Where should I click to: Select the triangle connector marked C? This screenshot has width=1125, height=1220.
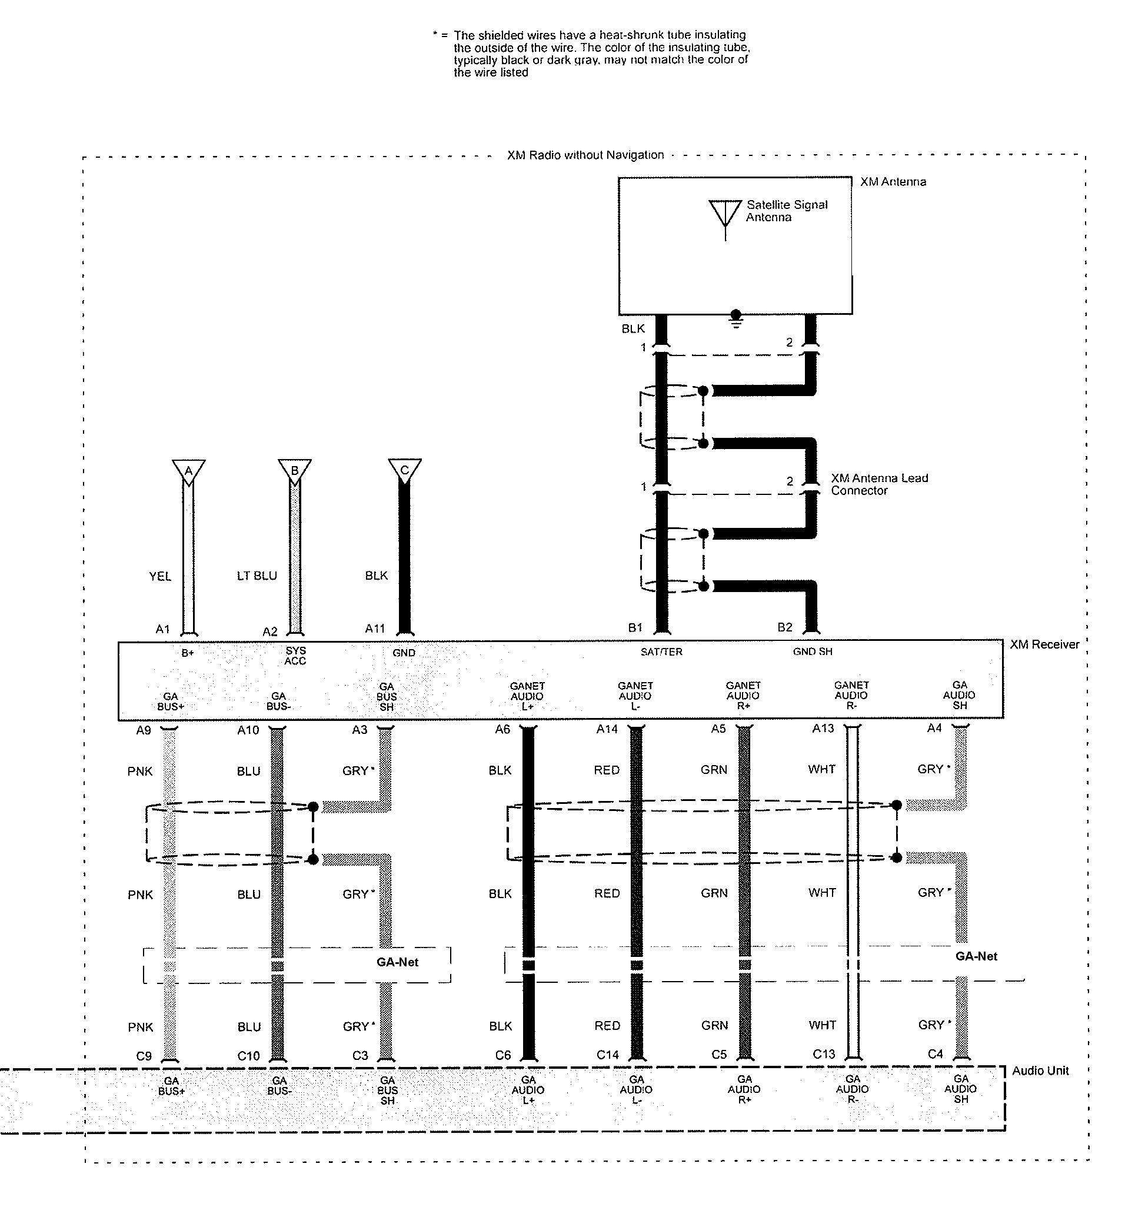[x=405, y=471]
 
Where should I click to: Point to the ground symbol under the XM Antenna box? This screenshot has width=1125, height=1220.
[x=736, y=318]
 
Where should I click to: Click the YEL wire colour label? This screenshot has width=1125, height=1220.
[x=160, y=576]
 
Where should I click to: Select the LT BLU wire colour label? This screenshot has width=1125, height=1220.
[x=257, y=576]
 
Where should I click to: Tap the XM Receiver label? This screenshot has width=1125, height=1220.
[x=1044, y=644]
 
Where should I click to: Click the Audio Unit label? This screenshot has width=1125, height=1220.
[x=1040, y=1071]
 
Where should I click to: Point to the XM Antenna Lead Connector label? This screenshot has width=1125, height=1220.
[x=880, y=484]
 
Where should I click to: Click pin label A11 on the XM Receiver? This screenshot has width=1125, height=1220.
[x=375, y=629]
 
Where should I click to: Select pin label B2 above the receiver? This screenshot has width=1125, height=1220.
[x=785, y=627]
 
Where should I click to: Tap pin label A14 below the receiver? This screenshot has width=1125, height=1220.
[x=607, y=729]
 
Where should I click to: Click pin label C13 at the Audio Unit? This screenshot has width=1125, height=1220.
[x=824, y=1054]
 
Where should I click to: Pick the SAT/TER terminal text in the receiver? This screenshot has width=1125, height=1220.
[x=662, y=652]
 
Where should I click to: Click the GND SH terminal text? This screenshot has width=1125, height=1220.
[x=813, y=651]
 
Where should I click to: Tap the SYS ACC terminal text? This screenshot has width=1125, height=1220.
[x=295, y=656]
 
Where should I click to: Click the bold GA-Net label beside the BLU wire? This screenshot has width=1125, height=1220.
[x=398, y=962]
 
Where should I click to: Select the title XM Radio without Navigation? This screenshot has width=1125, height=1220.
[x=585, y=155]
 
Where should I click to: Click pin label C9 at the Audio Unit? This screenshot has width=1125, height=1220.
[x=144, y=1056]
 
